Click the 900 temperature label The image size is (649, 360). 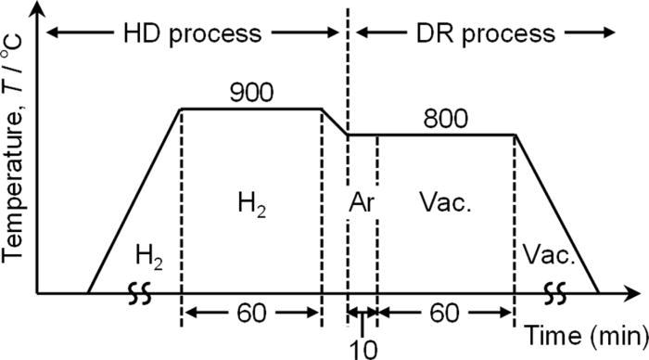(250, 93)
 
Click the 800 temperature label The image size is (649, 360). (446, 118)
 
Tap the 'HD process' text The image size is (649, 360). (193, 34)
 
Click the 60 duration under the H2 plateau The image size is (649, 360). (250, 313)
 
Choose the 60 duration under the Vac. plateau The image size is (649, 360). (446, 313)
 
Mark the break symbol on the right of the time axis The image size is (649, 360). (558, 293)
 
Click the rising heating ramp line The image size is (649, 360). (134, 200)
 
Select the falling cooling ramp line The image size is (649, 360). (556, 213)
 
